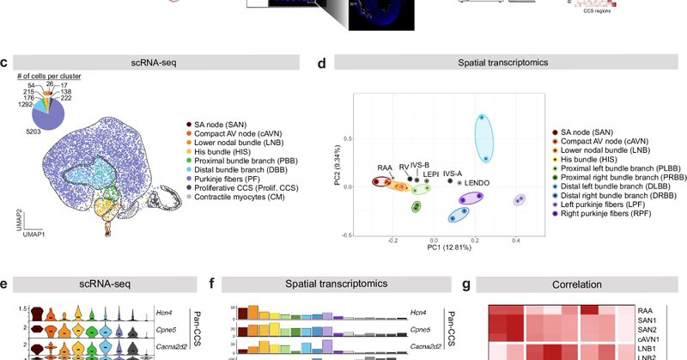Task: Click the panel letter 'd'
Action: point(320,63)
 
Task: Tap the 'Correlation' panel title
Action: point(581,282)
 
